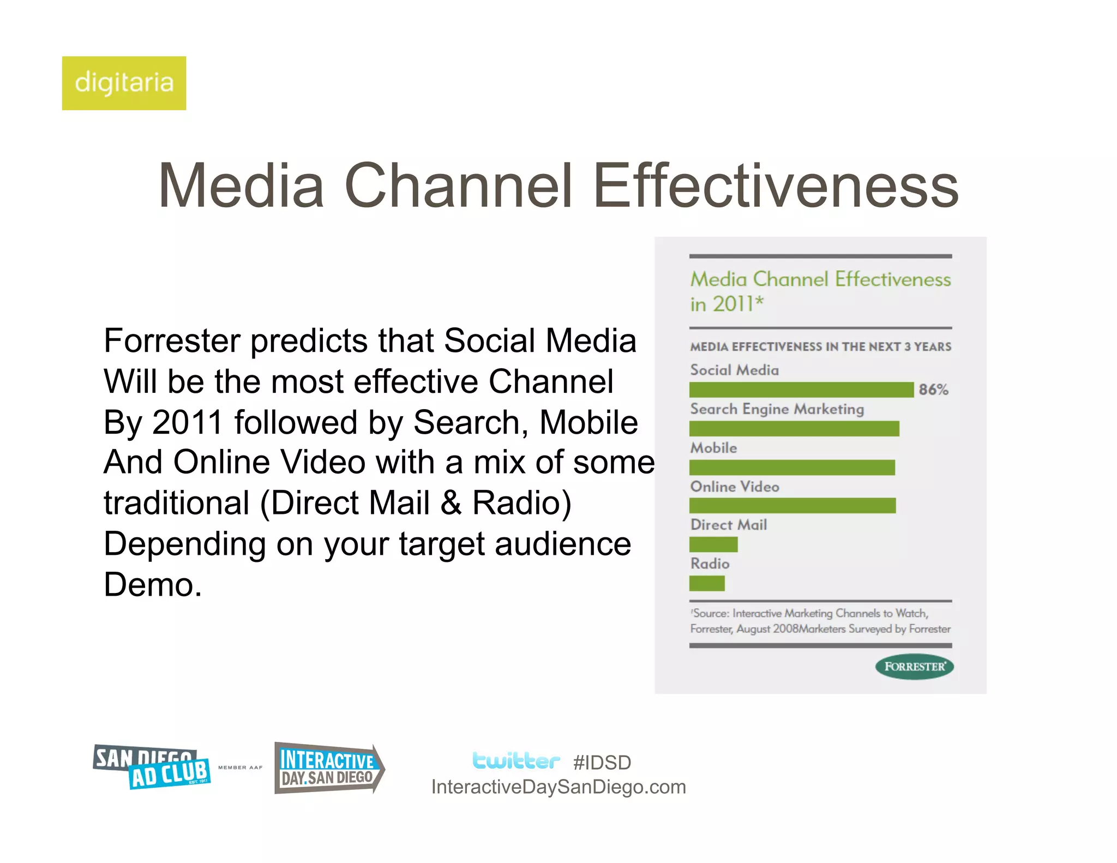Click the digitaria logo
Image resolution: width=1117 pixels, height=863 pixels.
[x=124, y=83]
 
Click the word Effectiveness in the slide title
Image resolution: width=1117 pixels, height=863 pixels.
[x=775, y=186]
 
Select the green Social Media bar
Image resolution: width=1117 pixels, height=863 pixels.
[x=801, y=389]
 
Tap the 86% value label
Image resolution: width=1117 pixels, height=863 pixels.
[x=933, y=389]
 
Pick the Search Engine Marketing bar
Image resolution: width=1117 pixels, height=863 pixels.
[x=794, y=428]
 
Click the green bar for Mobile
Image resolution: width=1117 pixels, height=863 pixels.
[x=791, y=467]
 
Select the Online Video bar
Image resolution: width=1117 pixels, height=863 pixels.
[x=792, y=506]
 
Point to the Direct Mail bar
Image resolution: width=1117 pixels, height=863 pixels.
[x=713, y=544]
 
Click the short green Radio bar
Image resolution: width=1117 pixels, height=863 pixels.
[x=707, y=583]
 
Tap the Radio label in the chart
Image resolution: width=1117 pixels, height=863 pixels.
[x=710, y=564]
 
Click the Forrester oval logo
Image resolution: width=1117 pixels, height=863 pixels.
[x=914, y=667]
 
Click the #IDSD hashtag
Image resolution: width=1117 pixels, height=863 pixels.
[x=602, y=763]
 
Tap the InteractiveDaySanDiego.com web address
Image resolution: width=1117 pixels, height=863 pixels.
[x=558, y=787]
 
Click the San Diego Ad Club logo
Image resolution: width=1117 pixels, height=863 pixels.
[x=152, y=767]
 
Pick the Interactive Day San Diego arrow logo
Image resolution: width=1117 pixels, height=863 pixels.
[x=328, y=768]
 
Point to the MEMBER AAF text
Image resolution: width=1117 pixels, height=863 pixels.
[x=240, y=768]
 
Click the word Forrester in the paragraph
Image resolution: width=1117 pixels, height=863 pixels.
[x=171, y=341]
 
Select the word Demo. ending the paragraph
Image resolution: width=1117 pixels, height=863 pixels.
[x=153, y=585]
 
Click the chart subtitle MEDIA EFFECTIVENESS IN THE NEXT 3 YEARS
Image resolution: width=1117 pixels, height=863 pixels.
[x=820, y=347]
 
